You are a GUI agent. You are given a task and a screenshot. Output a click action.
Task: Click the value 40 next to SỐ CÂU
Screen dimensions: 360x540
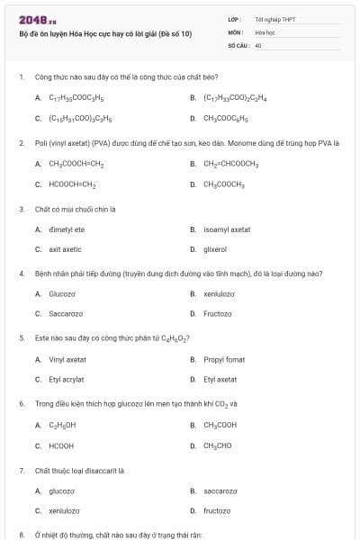pyautogui.click(x=258, y=44)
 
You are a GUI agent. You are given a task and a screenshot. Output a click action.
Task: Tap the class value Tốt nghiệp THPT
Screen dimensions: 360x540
pyautogui.click(x=275, y=19)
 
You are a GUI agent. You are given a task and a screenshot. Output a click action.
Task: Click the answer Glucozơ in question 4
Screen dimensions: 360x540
pyautogui.click(x=62, y=293)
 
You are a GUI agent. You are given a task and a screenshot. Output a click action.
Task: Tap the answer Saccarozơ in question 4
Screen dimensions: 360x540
pyautogui.click(x=66, y=313)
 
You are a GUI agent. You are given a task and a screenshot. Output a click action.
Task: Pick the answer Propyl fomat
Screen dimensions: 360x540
pyautogui.click(x=224, y=359)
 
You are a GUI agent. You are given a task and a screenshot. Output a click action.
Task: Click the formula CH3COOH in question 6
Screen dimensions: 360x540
pyautogui.click(x=220, y=425)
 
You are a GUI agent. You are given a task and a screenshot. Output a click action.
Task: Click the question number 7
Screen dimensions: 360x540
pyautogui.click(x=22, y=470)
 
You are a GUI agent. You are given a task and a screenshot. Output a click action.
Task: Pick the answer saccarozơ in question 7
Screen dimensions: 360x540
pyautogui.click(x=220, y=490)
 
